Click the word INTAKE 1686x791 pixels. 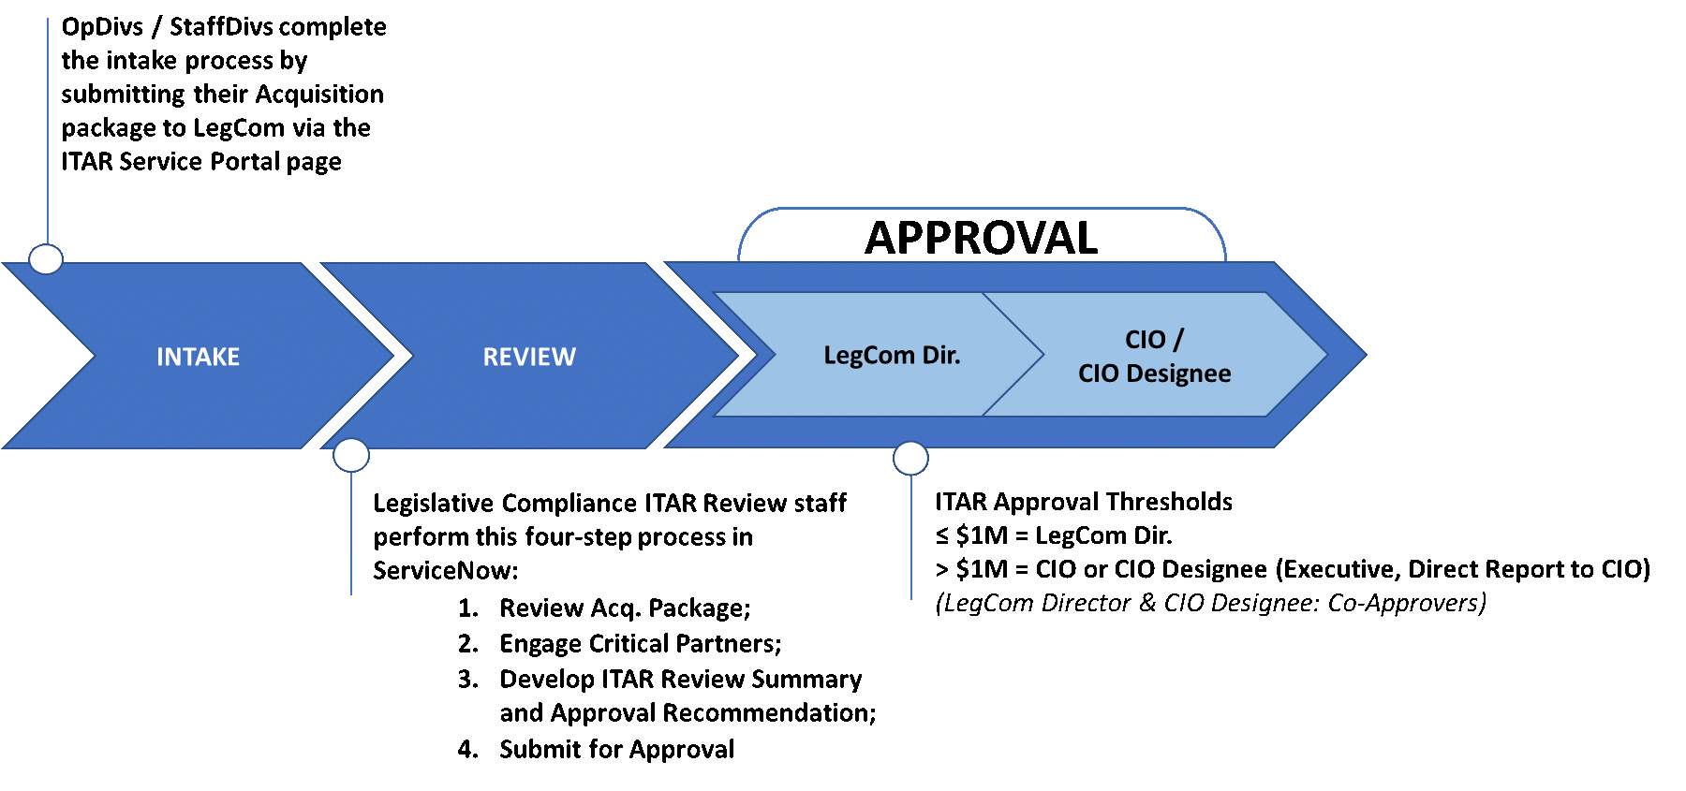point(198,357)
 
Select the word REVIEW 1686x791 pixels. point(529,357)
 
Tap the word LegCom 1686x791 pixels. point(869,356)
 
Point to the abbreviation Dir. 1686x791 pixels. point(941,355)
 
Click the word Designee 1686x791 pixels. point(1178,374)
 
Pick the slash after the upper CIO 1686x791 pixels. point(1177,339)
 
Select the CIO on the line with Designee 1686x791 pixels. point(1099,374)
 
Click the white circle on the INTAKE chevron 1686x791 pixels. point(46,259)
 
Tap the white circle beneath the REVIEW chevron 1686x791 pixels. point(351,456)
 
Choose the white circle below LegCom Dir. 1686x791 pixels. point(910,459)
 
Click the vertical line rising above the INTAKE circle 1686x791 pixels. point(48,131)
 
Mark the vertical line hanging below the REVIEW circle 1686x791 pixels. point(351,534)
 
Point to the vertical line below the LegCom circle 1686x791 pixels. point(911,538)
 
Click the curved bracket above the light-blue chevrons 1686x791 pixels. point(982,209)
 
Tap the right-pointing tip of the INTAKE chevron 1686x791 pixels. point(392,356)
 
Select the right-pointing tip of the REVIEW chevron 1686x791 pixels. point(736,356)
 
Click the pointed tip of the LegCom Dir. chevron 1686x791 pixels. point(1042,355)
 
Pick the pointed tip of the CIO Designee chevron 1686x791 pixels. point(1325,355)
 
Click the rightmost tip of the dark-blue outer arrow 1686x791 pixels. point(1365,355)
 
